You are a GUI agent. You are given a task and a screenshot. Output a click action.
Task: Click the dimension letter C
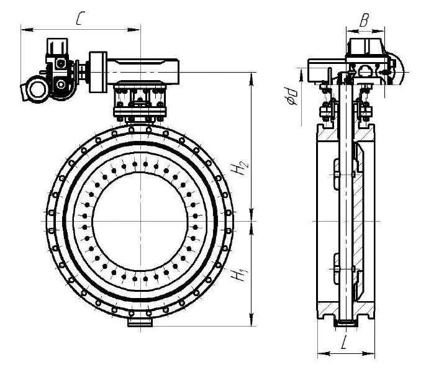(79, 19)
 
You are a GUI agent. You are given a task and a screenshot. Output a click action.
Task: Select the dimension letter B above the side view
(365, 20)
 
